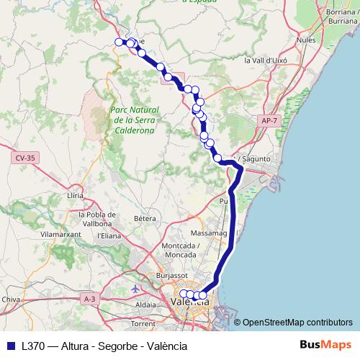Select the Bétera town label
pyautogui.click(x=145, y=218)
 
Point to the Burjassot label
pyautogui.click(x=174, y=275)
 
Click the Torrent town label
pyautogui.click(x=143, y=324)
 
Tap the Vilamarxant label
pyautogui.click(x=60, y=235)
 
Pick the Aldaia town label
pyautogui.click(x=145, y=305)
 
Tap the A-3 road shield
pyautogui.click(x=89, y=298)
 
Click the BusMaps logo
pyautogui.click(x=325, y=346)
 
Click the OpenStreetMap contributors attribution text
pyautogui.click(x=297, y=323)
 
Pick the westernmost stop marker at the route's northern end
pyautogui.click(x=120, y=42)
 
